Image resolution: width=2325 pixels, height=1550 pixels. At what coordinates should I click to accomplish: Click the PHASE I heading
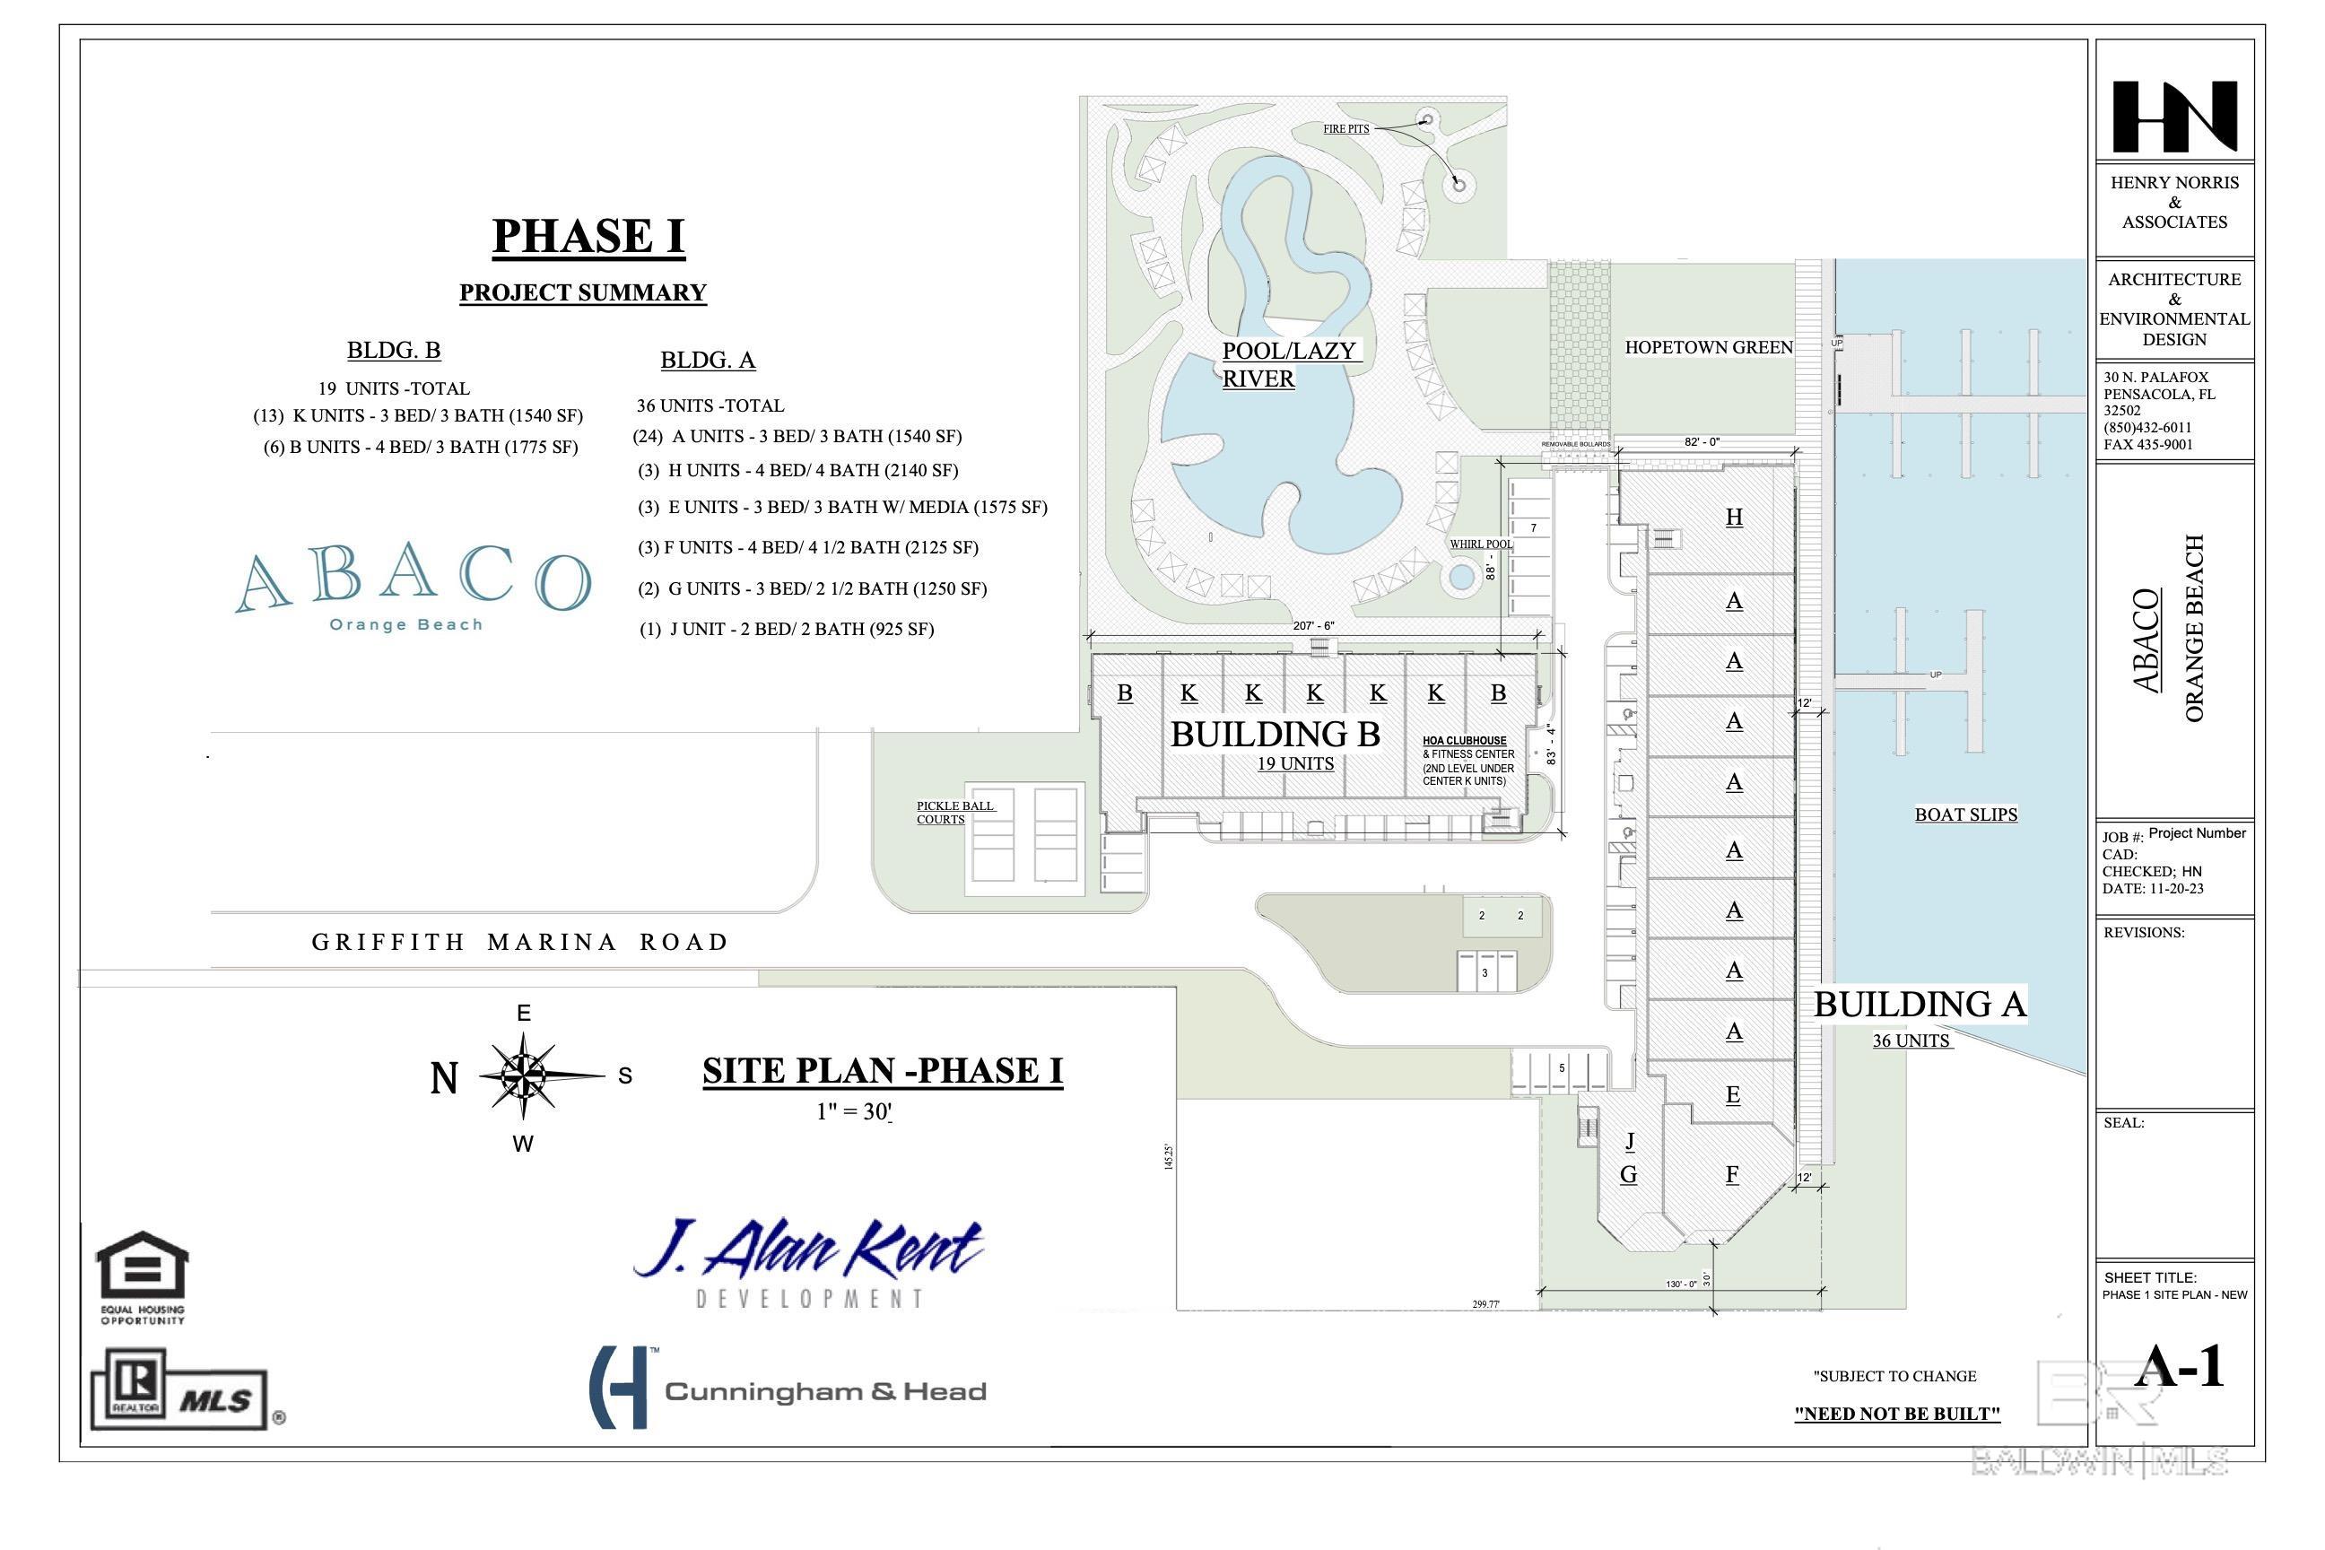coord(588,236)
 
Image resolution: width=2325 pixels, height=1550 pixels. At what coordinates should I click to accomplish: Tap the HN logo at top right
coord(2173,117)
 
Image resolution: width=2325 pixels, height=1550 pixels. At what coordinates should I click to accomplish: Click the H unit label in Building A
coord(1734,517)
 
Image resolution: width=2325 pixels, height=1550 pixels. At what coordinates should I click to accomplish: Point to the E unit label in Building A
coord(1733,1094)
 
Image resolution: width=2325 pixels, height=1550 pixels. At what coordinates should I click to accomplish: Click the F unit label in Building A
coord(1732,1174)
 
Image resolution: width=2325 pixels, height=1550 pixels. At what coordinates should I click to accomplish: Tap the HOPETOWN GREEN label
coord(1708,348)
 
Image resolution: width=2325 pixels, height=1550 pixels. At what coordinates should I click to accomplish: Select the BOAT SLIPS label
coord(1965,814)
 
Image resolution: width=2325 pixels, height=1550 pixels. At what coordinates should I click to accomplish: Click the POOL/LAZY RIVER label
coord(1288,364)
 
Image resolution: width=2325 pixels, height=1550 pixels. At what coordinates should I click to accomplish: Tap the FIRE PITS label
coord(1346,128)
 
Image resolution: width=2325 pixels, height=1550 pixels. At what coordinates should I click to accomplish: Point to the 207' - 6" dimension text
coord(1313,626)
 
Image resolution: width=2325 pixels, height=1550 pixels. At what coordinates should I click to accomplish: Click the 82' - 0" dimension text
coord(1702,442)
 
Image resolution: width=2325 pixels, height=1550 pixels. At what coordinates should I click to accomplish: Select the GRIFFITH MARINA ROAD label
coord(520,942)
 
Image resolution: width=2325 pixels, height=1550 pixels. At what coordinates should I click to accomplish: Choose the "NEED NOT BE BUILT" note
coord(1897,1414)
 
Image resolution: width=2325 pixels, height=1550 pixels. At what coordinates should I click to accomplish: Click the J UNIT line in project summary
coord(787,629)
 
